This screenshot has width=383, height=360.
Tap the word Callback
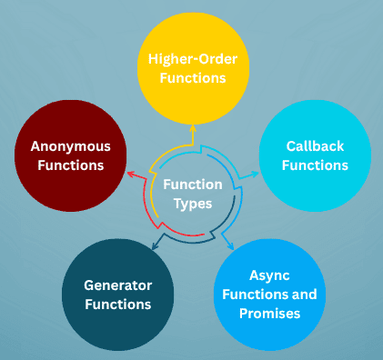pyautogui.click(x=315, y=145)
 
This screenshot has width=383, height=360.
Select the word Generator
pyautogui.click(x=117, y=285)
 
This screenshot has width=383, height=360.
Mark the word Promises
pyautogui.click(x=283, y=314)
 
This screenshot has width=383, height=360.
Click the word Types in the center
pyautogui.click(x=192, y=203)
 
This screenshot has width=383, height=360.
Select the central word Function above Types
pyautogui.click(x=192, y=185)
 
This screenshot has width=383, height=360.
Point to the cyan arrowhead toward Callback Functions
pyautogui.click(x=254, y=173)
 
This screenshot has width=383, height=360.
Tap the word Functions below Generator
pyautogui.click(x=117, y=304)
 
